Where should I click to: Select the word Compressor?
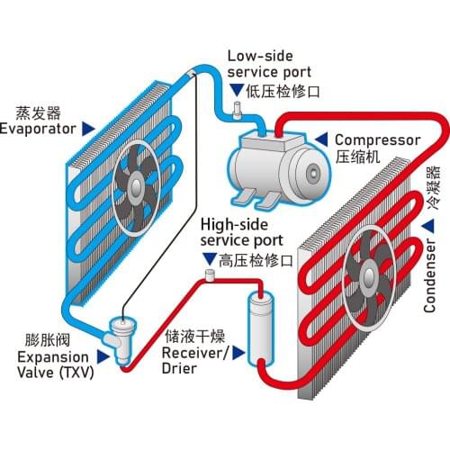click(x=377, y=140)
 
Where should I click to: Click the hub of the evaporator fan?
click(x=133, y=186)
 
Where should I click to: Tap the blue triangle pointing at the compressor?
click(x=321, y=140)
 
